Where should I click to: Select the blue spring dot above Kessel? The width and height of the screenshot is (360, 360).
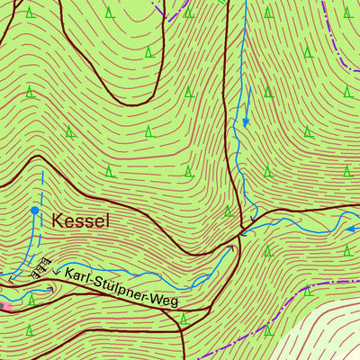35,210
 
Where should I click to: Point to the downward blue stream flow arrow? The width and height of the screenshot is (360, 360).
245,121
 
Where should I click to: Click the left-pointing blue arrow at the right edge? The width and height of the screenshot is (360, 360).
351,229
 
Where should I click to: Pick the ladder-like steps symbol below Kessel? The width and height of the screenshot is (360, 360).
37,268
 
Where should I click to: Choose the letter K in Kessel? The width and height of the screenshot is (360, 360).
58,220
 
